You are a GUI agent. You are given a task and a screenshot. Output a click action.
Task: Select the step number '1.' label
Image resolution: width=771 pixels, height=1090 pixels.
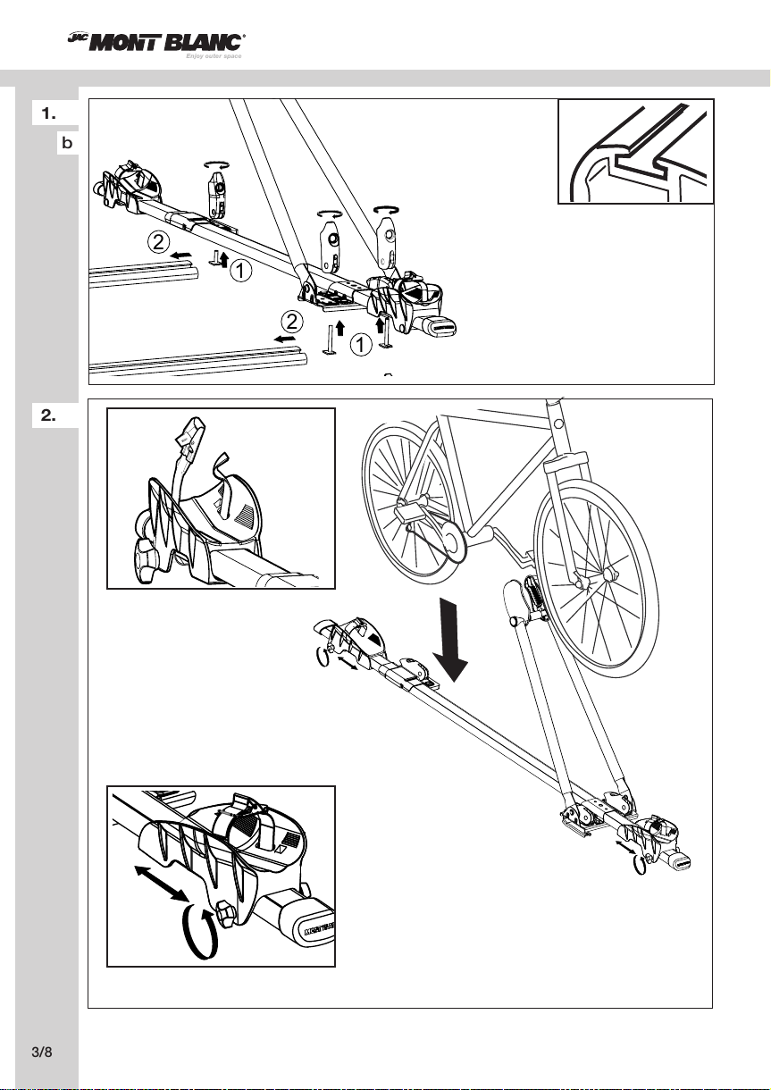[x=49, y=113]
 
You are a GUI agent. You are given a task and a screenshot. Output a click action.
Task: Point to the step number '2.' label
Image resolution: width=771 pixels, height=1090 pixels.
[x=49, y=414]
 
